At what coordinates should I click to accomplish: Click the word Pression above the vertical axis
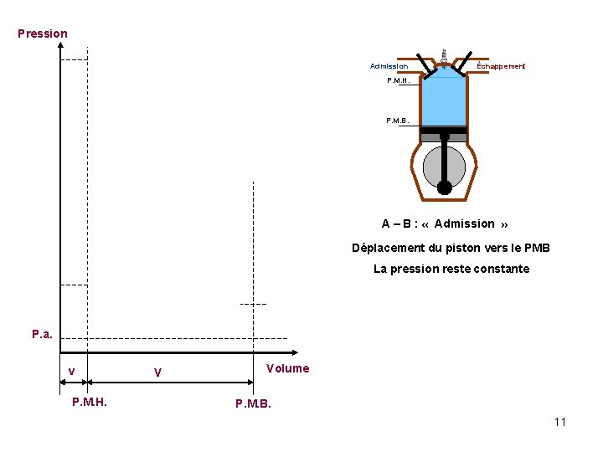(43, 33)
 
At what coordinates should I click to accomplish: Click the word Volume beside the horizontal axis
(287, 368)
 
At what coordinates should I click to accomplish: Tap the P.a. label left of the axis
(43, 335)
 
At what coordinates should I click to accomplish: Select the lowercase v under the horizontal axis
(72, 372)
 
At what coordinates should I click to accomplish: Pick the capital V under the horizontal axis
(157, 372)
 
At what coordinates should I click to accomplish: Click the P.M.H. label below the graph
(95, 403)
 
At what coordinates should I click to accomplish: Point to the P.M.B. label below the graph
(253, 404)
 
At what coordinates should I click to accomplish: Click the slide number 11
(559, 422)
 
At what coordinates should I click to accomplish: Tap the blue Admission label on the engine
(389, 66)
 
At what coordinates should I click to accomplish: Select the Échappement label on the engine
(501, 66)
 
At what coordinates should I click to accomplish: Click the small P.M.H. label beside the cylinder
(398, 81)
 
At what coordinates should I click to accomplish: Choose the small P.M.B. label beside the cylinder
(398, 121)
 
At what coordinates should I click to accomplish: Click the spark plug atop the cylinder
(444, 55)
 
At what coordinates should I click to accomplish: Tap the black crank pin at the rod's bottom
(445, 187)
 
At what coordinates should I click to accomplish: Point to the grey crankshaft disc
(444, 167)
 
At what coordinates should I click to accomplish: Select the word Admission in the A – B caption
(464, 223)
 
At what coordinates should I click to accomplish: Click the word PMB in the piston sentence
(536, 248)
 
